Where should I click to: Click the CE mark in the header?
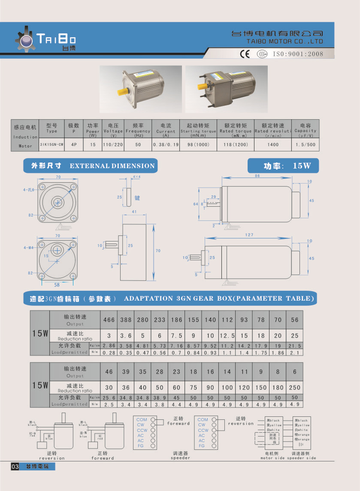point(245,54)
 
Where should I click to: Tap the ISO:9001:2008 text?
point(298,54)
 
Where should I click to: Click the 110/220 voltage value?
point(113,145)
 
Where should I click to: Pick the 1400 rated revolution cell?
point(273,145)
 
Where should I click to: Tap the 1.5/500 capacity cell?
point(305,145)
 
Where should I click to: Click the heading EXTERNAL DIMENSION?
point(112,166)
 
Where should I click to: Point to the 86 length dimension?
point(257,176)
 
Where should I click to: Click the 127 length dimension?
point(250,235)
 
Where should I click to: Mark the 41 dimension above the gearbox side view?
point(134,212)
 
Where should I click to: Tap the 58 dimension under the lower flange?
point(57,285)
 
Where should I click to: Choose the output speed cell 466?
point(109,320)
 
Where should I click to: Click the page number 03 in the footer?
point(15,467)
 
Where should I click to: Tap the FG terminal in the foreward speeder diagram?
point(141,446)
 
